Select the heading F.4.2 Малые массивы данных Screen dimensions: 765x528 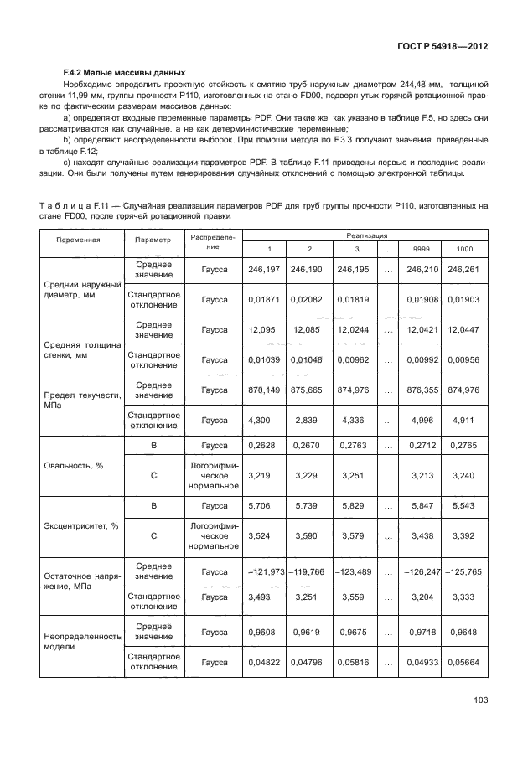pos(124,72)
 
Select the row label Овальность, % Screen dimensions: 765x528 pos(73,465)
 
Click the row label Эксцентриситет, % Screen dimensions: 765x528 pos(80,525)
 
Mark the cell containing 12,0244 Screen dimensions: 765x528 pos(353,329)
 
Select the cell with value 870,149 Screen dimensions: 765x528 pos(264,390)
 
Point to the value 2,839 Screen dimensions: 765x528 pos(306,420)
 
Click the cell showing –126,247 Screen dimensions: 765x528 pos(422,571)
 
